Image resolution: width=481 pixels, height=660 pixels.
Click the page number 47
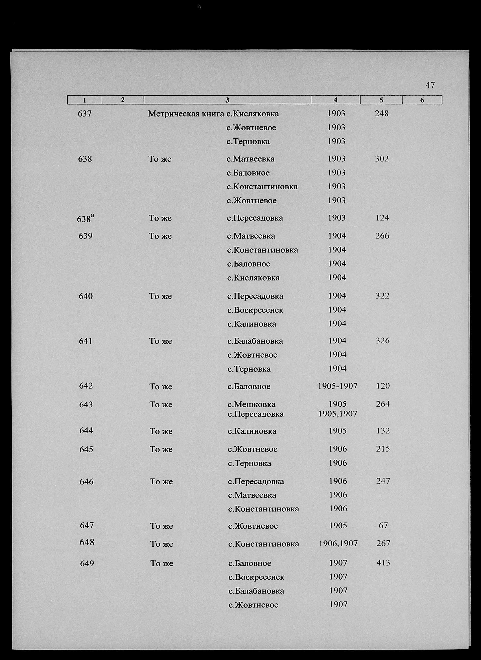click(430, 85)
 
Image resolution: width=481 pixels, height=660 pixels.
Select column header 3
click(227, 100)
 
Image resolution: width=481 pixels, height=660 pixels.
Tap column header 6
click(422, 100)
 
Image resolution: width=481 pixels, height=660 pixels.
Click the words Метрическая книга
click(186, 114)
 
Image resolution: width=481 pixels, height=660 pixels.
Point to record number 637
click(85, 114)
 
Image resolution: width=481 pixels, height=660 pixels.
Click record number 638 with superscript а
click(85, 218)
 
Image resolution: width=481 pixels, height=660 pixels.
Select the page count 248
click(382, 113)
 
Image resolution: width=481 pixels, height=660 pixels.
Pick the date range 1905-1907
click(338, 386)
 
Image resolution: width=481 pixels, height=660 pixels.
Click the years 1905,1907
click(338, 414)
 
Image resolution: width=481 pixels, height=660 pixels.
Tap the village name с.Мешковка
click(251, 404)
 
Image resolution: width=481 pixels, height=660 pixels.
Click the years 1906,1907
click(338, 543)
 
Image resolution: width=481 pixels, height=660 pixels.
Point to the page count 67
click(383, 525)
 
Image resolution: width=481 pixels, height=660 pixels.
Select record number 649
click(87, 563)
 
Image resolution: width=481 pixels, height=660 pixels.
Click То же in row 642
click(161, 387)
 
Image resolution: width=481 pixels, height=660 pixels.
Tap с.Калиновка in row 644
click(252, 431)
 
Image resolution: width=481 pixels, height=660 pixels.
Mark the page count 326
click(382, 341)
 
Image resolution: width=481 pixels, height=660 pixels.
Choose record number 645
click(86, 449)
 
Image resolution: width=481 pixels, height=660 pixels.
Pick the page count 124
click(382, 218)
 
